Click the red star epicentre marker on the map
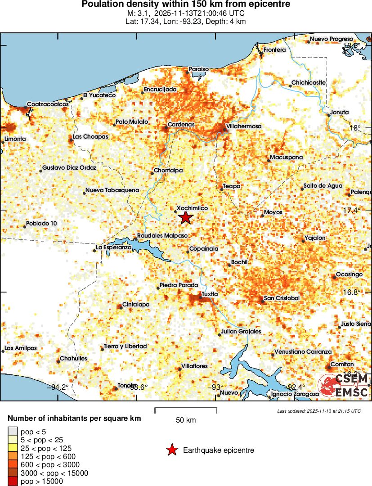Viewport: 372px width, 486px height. click(185, 218)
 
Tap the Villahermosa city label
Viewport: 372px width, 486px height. click(243, 126)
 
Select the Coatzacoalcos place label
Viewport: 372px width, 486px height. click(48, 104)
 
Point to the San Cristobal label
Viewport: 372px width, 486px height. click(282, 298)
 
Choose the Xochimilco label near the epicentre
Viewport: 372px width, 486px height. click(192, 208)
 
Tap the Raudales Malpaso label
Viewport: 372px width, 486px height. click(159, 235)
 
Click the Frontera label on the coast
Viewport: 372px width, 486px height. click(274, 49)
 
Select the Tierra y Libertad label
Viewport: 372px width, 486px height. click(125, 346)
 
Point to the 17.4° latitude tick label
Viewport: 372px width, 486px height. click(351, 210)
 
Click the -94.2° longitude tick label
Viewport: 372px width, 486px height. click(59, 387)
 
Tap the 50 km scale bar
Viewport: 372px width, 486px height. click(186, 409)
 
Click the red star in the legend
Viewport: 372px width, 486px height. click(171, 450)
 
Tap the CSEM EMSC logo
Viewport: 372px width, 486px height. click(344, 386)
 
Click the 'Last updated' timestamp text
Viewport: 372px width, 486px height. click(319, 411)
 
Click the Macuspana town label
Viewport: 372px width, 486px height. click(286, 157)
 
